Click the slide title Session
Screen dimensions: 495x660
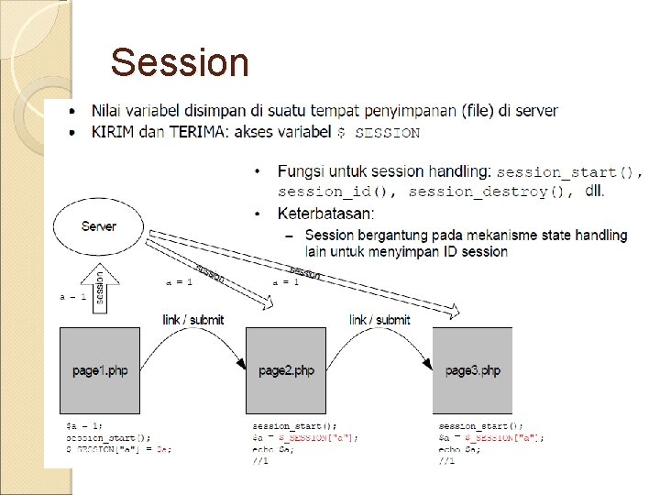coord(180,63)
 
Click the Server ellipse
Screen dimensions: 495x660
coord(98,225)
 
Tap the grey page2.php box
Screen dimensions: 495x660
coord(286,369)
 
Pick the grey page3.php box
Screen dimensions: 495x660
coord(472,369)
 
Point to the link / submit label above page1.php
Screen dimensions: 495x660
coord(192,320)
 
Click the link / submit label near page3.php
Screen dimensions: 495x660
coord(379,320)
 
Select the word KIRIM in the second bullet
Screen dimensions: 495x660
coord(112,132)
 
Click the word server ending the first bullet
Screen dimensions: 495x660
coord(534,111)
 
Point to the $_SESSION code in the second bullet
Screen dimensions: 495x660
coord(379,133)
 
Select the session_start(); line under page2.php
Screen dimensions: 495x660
coord(294,426)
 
